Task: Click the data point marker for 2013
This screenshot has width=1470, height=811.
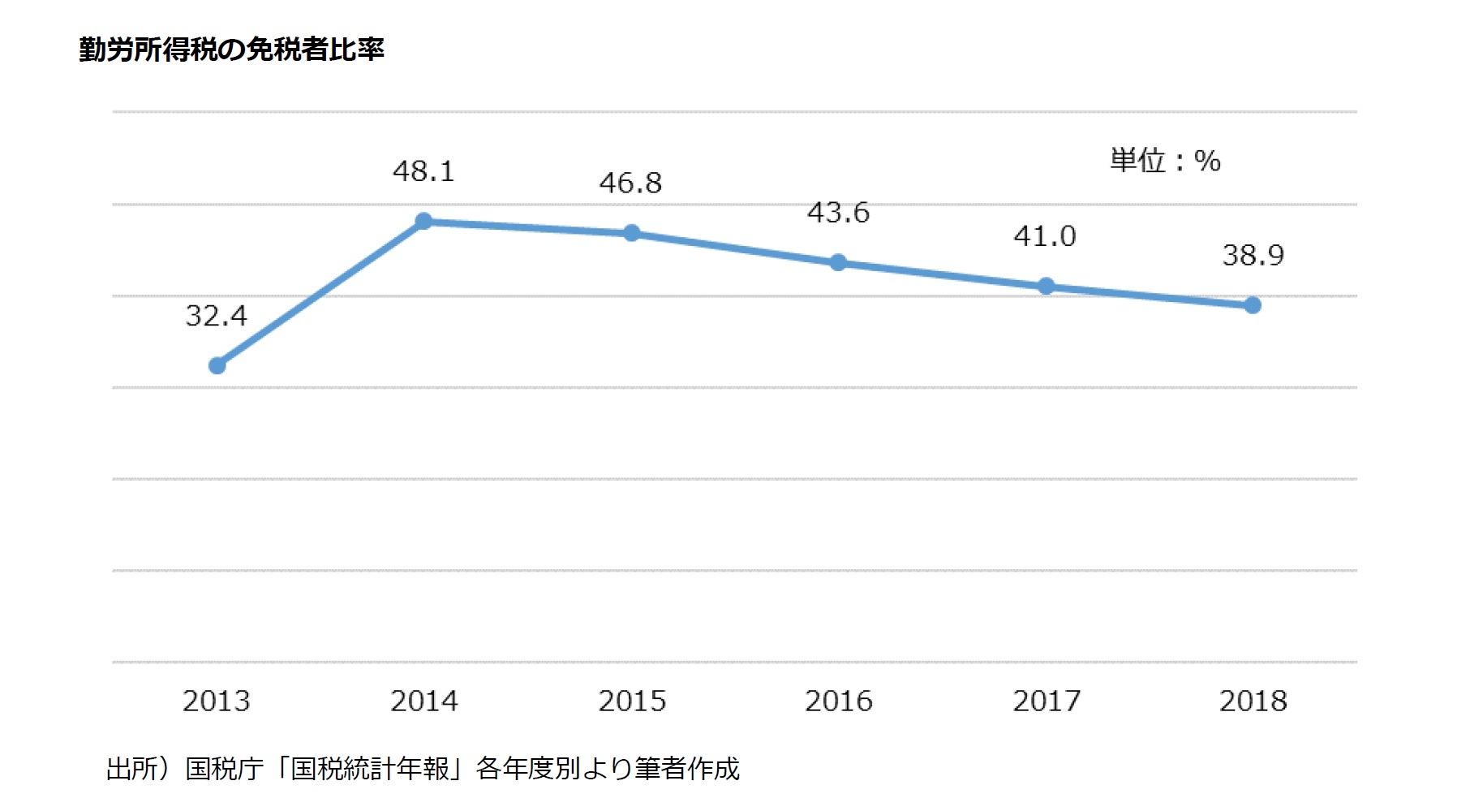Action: point(217,366)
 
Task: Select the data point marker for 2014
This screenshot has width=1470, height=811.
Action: point(423,221)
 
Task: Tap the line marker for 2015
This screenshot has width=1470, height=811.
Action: point(631,234)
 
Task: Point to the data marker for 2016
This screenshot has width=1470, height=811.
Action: point(838,263)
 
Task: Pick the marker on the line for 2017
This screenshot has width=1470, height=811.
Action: point(1046,287)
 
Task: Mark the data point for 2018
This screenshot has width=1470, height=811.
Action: point(1253,305)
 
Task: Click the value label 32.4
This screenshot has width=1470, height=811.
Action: point(216,316)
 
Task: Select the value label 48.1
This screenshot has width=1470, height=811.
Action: point(423,171)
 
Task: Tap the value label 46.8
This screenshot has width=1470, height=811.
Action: point(630,183)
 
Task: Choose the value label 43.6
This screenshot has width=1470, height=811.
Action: point(838,213)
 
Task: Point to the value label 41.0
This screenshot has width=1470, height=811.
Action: point(1045,236)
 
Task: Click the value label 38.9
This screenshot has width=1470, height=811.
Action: point(1253,256)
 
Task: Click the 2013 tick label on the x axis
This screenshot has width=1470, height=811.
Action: point(216,701)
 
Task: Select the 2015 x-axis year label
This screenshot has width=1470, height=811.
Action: point(632,701)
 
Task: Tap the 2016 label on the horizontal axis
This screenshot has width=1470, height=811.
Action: point(839,701)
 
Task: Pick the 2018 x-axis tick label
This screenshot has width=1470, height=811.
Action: point(1253,701)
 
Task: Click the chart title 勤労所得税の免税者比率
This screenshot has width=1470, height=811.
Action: point(231,50)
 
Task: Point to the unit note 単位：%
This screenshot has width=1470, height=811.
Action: point(1165,161)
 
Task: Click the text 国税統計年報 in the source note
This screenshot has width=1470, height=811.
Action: point(370,768)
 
